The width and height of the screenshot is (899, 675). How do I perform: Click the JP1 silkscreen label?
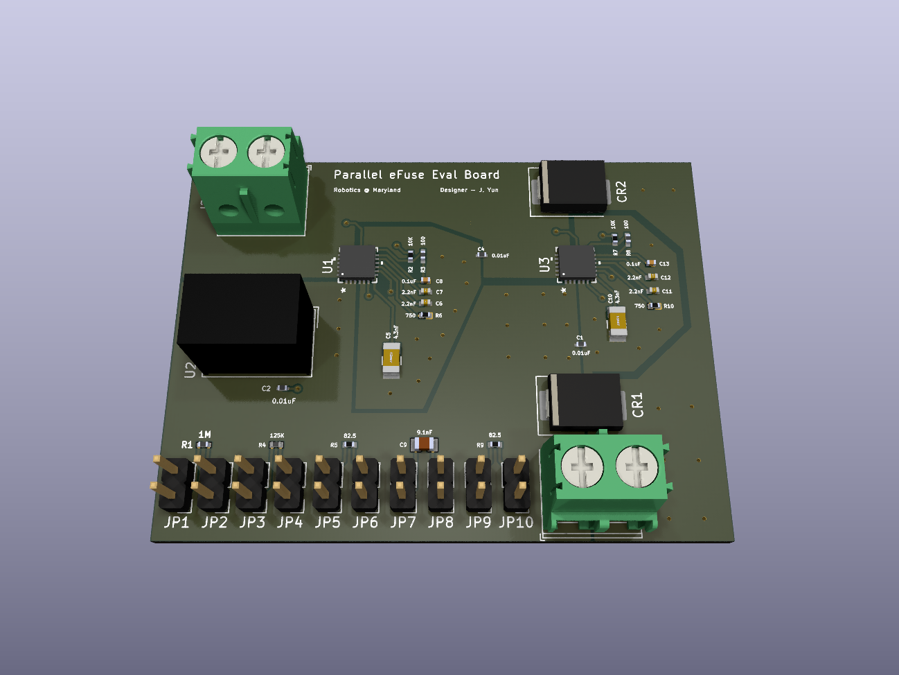coord(176,523)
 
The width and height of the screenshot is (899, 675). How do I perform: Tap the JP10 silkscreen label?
coord(516,523)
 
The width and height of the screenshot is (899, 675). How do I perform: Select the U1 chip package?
coord(358,263)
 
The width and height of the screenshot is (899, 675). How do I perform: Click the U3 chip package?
coord(577,264)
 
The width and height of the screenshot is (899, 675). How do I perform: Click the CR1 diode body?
coord(585,401)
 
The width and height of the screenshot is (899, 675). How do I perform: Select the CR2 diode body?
coord(573,185)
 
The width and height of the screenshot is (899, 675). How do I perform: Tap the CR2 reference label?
coord(621,191)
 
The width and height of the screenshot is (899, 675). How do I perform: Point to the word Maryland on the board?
coord(386,190)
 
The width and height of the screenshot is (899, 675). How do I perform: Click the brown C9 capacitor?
coord(423,444)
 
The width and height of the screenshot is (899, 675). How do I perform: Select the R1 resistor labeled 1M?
coord(204,444)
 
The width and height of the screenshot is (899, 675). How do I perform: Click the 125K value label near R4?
coord(276,435)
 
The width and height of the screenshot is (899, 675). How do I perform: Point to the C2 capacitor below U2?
coord(283,388)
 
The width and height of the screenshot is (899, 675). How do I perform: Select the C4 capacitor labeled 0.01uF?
coord(481,254)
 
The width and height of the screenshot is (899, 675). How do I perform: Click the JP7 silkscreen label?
coord(402,523)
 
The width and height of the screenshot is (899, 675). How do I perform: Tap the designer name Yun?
coord(492,190)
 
